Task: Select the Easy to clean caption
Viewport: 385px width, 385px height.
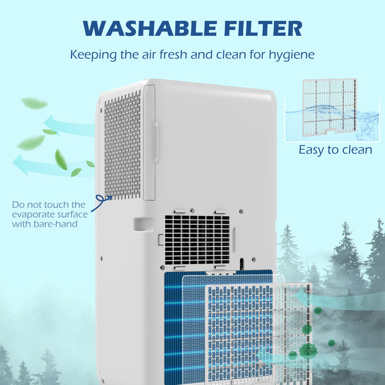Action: coord(335,150)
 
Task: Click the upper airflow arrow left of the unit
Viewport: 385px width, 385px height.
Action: coord(69,126)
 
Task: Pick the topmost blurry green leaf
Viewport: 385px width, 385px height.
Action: coord(35,103)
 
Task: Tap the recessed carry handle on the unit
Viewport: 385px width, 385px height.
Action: coord(143,224)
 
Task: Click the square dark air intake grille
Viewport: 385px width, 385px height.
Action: coord(196,239)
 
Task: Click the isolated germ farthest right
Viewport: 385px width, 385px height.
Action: coord(332,343)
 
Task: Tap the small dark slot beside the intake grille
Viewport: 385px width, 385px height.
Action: coord(241,263)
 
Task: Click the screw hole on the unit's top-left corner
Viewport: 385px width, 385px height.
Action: coord(101,109)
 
